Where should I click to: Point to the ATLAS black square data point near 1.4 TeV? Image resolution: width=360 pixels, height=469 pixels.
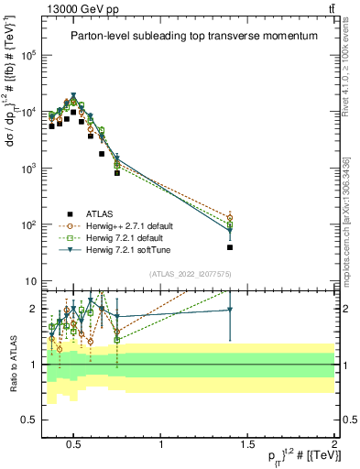(230, 247)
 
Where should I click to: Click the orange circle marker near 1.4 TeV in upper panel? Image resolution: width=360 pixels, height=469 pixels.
(230, 218)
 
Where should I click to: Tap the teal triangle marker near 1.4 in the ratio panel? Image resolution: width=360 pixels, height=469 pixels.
(230, 310)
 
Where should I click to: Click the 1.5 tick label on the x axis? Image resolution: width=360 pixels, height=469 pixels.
(247, 446)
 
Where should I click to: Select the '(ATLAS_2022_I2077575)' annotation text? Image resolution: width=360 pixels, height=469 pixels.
(194, 273)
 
